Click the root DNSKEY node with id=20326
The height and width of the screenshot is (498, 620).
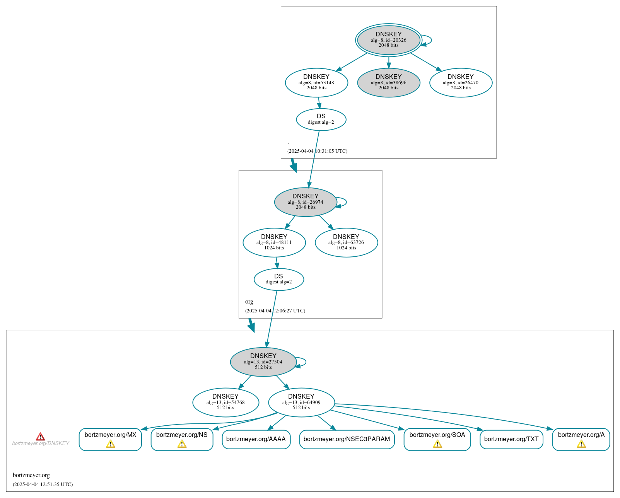tap(388, 40)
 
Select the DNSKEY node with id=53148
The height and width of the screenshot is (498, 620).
tap(316, 82)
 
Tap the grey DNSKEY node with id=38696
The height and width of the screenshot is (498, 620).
tap(388, 82)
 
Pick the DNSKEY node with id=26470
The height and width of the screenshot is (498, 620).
tap(461, 82)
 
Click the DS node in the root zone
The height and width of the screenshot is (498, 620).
tap(321, 119)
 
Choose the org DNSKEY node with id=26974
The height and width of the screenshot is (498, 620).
tap(306, 202)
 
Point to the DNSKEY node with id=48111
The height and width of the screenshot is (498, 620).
tap(274, 242)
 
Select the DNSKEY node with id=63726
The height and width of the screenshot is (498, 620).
tap(346, 242)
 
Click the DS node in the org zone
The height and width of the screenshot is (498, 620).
tap(279, 279)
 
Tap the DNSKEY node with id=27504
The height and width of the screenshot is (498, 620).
tap(263, 362)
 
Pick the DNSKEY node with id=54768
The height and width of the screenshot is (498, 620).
tap(225, 402)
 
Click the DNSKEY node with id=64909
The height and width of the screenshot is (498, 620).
tap(301, 402)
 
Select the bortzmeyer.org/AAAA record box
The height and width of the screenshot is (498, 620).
tap(256, 439)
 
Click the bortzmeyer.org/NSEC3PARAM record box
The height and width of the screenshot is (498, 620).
tap(347, 439)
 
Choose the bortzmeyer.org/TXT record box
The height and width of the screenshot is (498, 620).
tap(511, 439)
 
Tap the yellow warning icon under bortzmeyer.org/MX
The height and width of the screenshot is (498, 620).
tap(111, 444)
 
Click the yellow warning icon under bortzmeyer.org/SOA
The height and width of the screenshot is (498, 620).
tap(437, 444)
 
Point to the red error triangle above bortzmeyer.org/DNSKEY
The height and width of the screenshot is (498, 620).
tap(41, 437)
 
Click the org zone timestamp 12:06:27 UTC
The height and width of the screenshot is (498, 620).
tap(275, 311)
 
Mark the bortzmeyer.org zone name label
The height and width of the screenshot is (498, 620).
tap(31, 475)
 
